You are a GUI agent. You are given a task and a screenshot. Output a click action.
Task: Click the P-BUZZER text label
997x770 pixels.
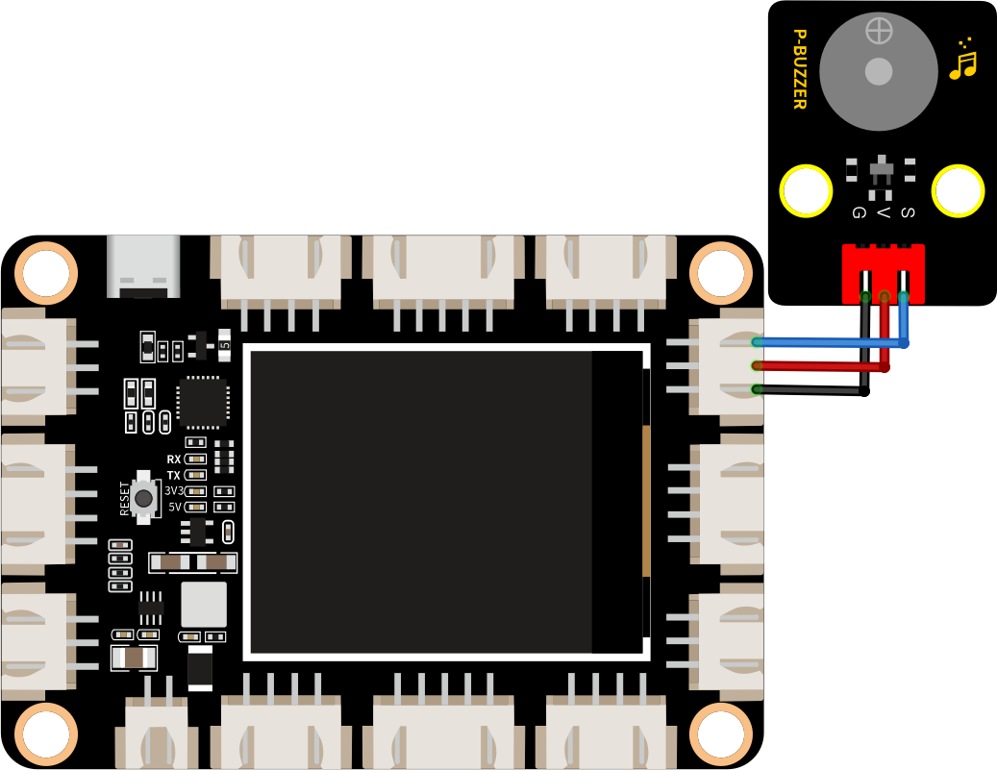point(800,68)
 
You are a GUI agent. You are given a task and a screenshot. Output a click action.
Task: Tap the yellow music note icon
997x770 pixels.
point(962,60)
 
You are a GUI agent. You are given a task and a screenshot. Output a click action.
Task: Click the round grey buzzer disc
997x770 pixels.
point(878,71)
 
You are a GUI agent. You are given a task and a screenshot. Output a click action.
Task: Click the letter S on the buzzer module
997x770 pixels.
point(908,212)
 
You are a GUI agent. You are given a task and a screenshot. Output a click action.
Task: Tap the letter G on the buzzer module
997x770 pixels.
point(859,212)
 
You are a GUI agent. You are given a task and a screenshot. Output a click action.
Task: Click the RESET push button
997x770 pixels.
point(144,498)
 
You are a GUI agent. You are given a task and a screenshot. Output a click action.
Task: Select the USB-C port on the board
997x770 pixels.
point(143,266)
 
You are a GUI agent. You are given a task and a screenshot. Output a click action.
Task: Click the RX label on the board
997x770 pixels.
point(174,460)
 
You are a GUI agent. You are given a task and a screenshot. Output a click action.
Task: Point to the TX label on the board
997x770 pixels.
point(174,476)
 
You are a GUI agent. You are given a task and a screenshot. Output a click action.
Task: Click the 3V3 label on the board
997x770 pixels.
point(174,491)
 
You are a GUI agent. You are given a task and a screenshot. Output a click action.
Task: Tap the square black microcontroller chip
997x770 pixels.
point(203,403)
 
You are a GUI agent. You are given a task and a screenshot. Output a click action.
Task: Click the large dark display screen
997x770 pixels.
point(446,502)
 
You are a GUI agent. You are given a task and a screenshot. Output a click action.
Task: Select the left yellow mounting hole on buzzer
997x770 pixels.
point(806,190)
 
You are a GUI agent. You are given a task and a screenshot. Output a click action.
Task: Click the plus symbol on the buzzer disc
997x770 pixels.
point(879,31)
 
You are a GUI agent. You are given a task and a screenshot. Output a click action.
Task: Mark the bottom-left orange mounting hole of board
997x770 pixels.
point(46,734)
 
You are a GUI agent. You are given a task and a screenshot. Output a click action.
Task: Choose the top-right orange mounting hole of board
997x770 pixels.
point(721,273)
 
